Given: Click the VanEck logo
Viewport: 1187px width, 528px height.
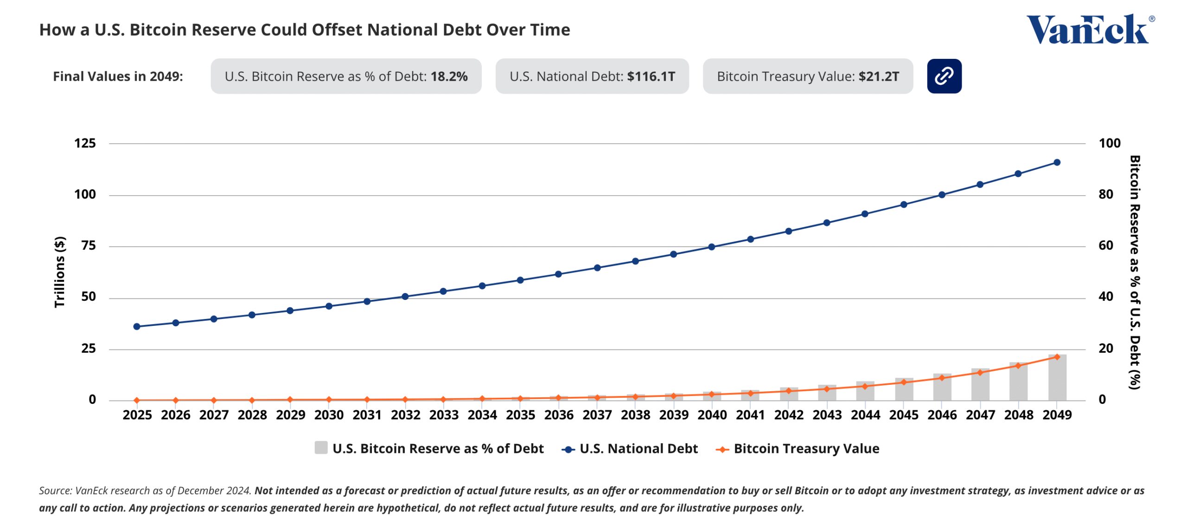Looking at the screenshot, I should click(1089, 29).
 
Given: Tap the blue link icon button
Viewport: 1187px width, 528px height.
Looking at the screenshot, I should click(944, 76).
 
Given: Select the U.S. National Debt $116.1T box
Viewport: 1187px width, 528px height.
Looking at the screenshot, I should click(592, 76).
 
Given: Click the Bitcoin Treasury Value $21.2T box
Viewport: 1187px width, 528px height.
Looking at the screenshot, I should click(807, 76).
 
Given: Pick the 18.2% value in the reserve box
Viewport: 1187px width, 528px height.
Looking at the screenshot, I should click(448, 76).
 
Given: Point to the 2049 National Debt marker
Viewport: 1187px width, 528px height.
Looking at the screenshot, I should click(1057, 163).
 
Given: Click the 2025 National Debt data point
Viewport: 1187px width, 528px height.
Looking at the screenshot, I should click(137, 327).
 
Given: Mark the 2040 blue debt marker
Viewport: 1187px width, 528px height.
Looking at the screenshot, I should click(712, 247).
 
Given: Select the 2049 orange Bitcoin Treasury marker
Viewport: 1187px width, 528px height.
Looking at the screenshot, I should click(1057, 357).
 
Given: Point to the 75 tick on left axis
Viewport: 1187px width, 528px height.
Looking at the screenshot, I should click(88, 246).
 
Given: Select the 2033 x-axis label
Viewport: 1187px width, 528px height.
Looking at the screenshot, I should click(443, 415).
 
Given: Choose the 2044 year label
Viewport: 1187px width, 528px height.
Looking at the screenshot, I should click(865, 415).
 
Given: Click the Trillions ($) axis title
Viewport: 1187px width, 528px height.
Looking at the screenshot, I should click(59, 272).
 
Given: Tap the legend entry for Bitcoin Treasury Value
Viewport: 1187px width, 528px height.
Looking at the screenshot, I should click(806, 449).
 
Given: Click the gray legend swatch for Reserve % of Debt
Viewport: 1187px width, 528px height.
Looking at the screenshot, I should click(321, 448).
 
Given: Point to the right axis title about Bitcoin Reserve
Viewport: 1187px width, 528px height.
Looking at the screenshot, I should click(1134, 272).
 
